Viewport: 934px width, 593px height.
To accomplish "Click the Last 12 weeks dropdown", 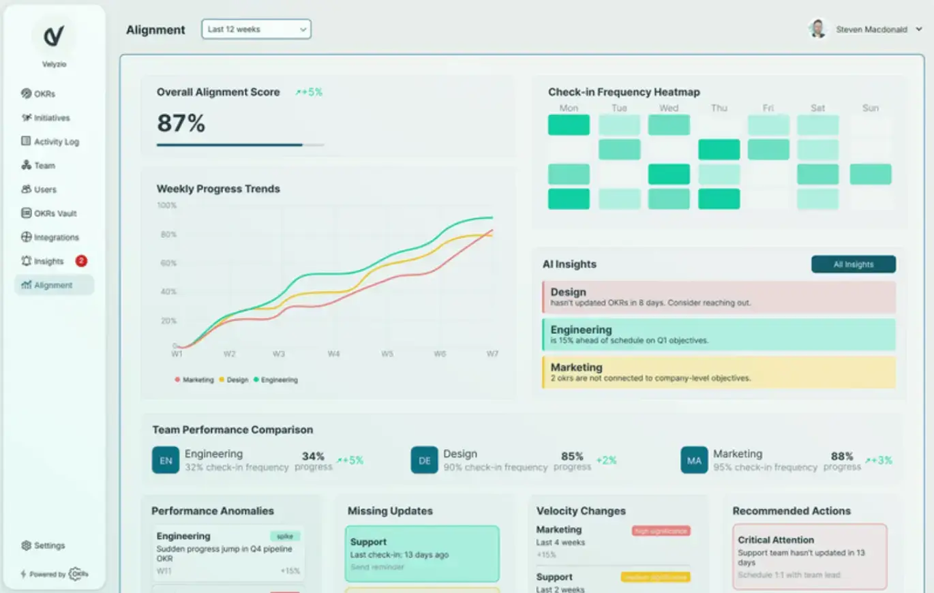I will [256, 29].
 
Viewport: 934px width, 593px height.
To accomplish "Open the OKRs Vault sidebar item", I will [55, 213].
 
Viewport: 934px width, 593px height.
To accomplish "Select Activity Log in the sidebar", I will [56, 142].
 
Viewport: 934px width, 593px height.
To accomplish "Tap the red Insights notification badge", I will [81, 261].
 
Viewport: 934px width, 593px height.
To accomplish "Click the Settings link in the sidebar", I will [49, 545].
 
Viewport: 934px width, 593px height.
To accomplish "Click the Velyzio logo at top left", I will [54, 37].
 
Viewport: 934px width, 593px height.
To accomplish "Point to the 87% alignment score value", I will [181, 123].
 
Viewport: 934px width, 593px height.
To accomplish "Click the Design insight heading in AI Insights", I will [568, 292].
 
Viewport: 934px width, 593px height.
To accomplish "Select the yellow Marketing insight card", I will [719, 372].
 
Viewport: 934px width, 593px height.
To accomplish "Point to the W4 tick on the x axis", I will [333, 354].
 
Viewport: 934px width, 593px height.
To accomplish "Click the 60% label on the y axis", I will [167, 263].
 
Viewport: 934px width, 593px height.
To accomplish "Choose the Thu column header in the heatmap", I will [719, 108].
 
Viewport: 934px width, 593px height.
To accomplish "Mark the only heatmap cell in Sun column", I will [870, 174].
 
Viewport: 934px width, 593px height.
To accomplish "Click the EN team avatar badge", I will [166, 460].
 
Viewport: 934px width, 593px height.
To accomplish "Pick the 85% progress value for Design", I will [572, 456].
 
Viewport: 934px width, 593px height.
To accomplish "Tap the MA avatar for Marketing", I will [694, 460].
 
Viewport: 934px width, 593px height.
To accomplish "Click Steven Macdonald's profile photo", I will [817, 29].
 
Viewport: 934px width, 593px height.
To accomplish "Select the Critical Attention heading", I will [776, 540].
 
